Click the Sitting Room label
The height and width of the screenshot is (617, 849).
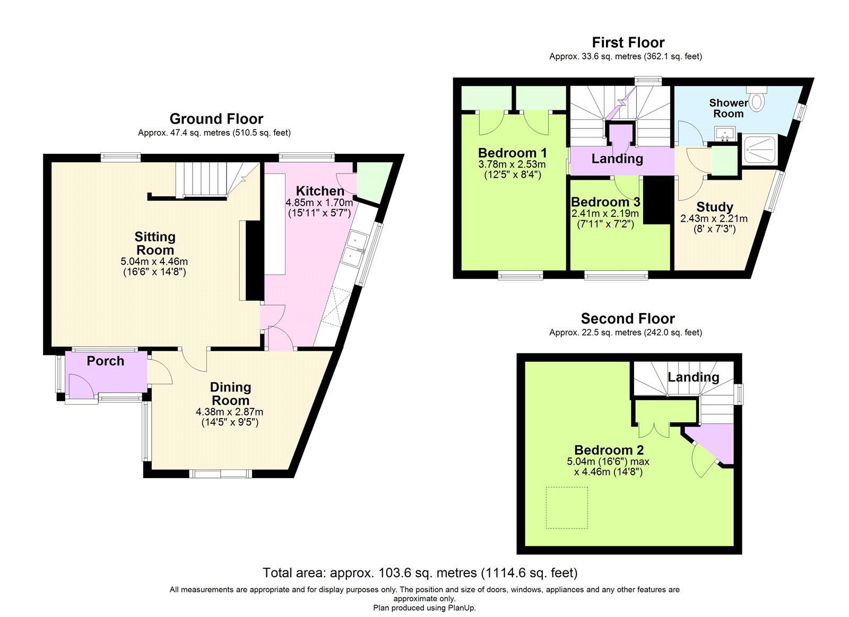click(x=154, y=244)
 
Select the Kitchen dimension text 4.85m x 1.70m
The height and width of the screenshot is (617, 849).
click(x=319, y=203)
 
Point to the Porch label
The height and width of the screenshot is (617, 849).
click(x=105, y=361)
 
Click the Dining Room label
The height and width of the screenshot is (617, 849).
click(x=230, y=394)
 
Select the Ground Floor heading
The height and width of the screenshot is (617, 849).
click(x=216, y=119)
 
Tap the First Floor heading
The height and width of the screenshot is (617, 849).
click(x=628, y=42)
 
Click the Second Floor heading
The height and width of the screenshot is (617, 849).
click(x=628, y=319)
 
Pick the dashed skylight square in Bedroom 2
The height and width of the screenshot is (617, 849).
click(x=567, y=508)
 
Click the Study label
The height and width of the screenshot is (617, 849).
click(x=714, y=207)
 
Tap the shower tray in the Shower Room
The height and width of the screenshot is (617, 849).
click(x=760, y=149)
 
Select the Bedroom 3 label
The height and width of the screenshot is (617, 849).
click(x=605, y=202)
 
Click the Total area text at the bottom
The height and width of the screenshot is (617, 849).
click(x=420, y=573)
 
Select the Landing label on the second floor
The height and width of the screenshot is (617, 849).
click(x=693, y=377)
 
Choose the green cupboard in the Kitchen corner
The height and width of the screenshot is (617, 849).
click(x=373, y=184)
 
